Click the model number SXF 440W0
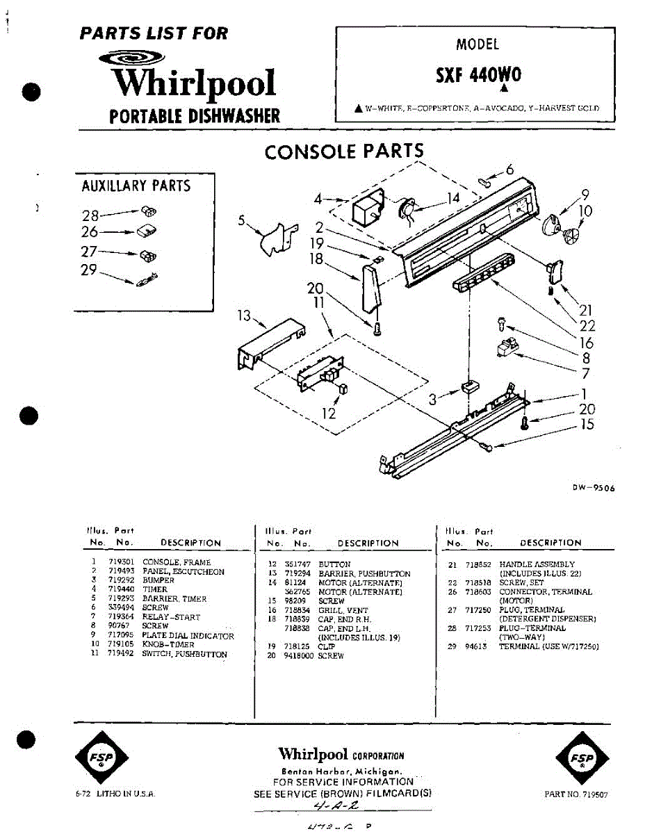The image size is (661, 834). pyautogui.click(x=478, y=75)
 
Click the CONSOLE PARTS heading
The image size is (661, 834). pyautogui.click(x=343, y=152)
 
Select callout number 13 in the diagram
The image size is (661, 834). pyautogui.click(x=243, y=317)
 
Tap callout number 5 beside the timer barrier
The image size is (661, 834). pyautogui.click(x=241, y=221)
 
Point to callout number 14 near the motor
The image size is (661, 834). pyautogui.click(x=453, y=198)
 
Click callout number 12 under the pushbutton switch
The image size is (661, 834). pyautogui.click(x=329, y=414)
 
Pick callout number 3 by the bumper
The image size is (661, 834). pyautogui.click(x=433, y=398)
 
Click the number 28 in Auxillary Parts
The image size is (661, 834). pyautogui.click(x=90, y=215)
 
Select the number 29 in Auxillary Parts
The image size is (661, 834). pyautogui.click(x=88, y=270)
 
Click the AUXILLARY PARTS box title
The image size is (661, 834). pyautogui.click(x=136, y=186)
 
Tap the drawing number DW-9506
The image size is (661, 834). pyautogui.click(x=594, y=488)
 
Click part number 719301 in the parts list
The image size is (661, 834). pyautogui.click(x=120, y=562)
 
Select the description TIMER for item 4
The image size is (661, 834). pyautogui.click(x=154, y=589)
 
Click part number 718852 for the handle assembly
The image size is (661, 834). pyautogui.click(x=479, y=564)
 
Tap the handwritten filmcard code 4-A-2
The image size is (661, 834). pyautogui.click(x=336, y=807)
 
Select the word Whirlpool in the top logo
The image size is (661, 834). pyautogui.click(x=195, y=83)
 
